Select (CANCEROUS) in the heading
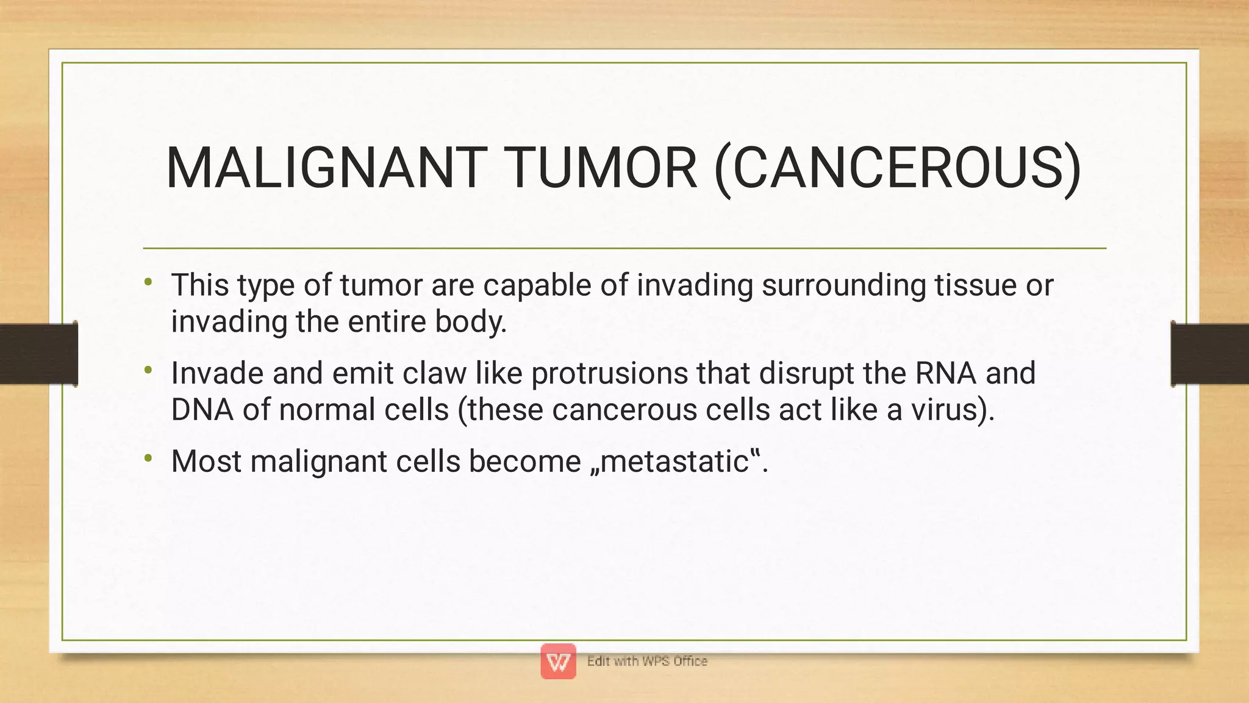(x=897, y=169)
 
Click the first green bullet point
(x=148, y=282)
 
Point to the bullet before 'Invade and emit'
(x=148, y=370)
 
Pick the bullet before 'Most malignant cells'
(x=148, y=458)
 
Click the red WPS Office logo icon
(x=558, y=662)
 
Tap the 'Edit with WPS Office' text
(x=647, y=662)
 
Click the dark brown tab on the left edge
(x=38, y=354)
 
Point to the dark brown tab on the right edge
(x=1209, y=354)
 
